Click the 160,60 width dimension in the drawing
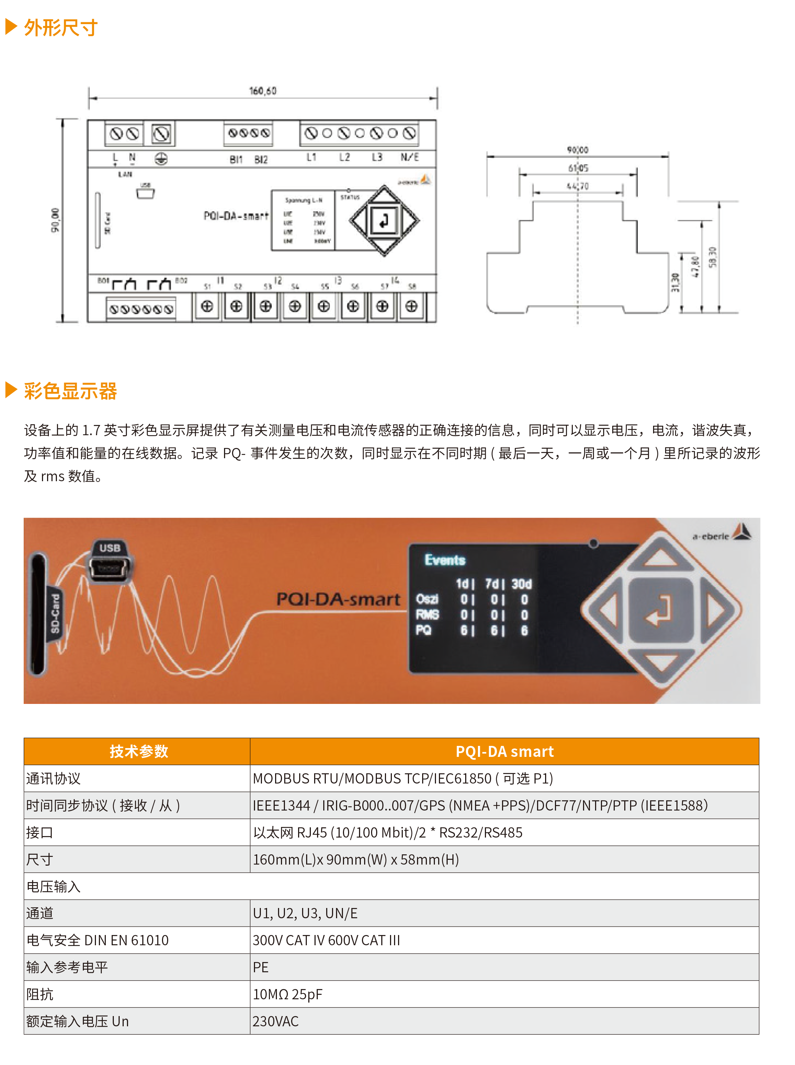[263, 91]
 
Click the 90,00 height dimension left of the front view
[56, 220]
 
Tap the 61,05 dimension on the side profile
[578, 168]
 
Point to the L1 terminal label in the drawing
[311, 157]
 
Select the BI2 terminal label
[261, 159]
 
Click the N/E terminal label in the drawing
[409, 157]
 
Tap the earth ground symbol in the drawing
[161, 159]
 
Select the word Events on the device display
[445, 560]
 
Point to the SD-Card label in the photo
[55, 614]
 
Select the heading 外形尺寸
[61, 28]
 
